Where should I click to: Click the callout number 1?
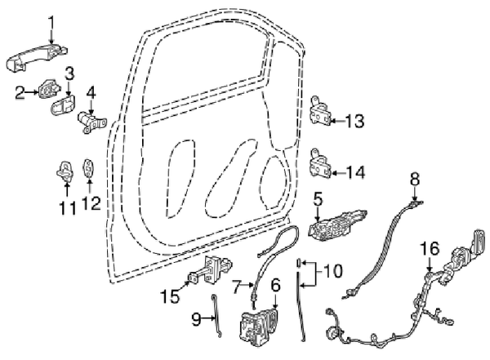[51, 24]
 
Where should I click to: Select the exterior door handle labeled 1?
[37, 59]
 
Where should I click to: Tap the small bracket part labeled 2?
[48, 89]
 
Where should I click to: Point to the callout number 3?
[69, 75]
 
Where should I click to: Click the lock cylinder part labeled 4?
[91, 122]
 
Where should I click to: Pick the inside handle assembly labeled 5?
[336, 225]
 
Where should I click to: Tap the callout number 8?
[415, 180]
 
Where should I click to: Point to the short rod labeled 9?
[216, 316]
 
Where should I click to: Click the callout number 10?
[333, 271]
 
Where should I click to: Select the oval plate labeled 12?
[89, 168]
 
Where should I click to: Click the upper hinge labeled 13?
[320, 111]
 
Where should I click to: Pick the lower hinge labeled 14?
[320, 163]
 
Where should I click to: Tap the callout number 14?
[354, 172]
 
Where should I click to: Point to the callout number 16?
[430, 248]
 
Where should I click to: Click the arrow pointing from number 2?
[32, 92]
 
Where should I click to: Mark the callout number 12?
[91, 203]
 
